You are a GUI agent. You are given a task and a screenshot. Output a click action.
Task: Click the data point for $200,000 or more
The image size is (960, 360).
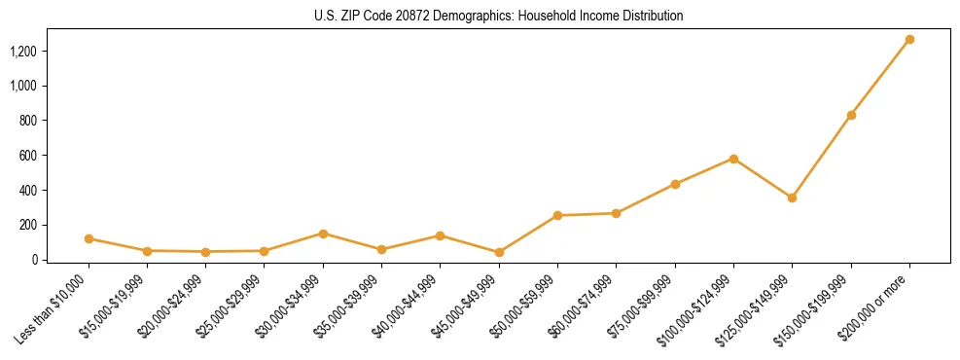tap(909, 40)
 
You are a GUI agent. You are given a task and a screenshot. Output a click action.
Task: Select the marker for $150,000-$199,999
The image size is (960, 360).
tap(851, 115)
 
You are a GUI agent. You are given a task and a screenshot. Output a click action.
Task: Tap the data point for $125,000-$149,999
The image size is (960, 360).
tap(792, 198)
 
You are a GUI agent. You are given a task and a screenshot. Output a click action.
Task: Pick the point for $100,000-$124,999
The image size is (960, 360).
tap(733, 159)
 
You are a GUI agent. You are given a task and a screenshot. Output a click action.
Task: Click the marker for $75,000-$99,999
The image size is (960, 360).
tap(675, 184)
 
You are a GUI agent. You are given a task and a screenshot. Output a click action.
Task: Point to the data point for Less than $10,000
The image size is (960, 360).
tap(89, 238)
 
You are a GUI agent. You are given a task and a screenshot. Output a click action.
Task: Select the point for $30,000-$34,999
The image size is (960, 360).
tap(323, 234)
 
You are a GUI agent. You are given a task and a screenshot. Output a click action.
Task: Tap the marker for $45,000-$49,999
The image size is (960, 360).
tap(499, 252)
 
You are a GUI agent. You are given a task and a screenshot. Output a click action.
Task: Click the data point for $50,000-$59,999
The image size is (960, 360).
tap(557, 215)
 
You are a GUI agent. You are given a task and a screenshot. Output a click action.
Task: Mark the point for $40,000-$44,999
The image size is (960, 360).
tap(441, 235)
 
